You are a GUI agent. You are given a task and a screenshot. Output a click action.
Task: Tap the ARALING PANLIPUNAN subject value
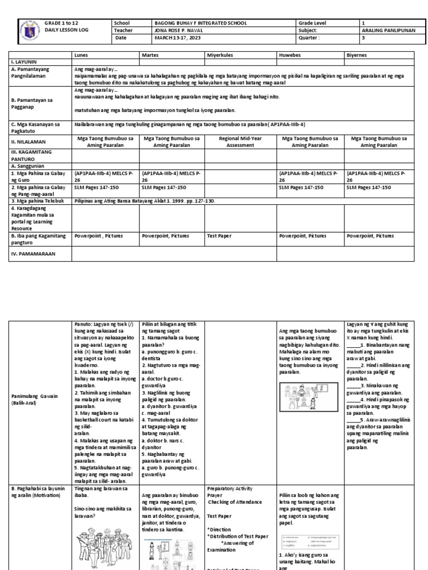tap(388, 31)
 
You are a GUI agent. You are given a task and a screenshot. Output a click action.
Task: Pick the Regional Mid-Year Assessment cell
tap(240, 141)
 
